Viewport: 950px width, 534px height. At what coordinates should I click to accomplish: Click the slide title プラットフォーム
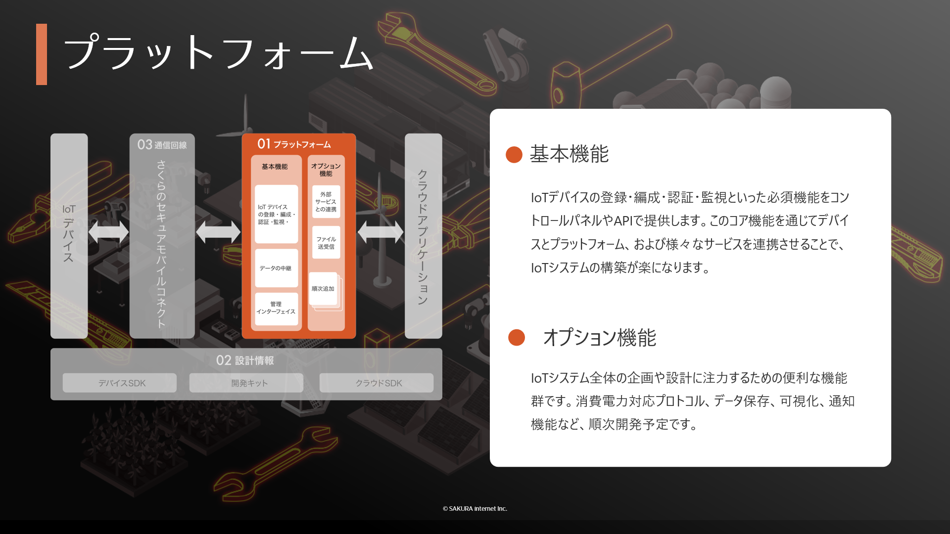218,52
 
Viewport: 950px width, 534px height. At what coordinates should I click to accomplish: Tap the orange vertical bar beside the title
42,54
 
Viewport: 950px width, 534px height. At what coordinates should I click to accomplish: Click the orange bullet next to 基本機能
514,154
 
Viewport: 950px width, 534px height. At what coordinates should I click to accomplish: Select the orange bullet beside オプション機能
517,337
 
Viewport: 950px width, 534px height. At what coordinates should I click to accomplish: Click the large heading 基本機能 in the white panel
569,154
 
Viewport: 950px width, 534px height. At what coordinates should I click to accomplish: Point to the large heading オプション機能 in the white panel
600,338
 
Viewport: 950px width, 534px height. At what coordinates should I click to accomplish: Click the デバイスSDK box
120,383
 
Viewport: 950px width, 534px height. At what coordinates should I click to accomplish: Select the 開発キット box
246,383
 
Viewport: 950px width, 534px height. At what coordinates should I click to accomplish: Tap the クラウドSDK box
377,383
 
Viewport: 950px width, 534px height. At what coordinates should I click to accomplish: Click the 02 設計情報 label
245,360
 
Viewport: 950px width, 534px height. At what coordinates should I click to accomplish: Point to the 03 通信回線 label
162,144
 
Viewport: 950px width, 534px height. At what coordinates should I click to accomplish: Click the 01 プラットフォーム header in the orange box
294,144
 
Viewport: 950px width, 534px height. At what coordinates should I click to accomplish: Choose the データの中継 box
277,268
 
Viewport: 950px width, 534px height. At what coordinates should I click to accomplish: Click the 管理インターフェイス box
277,309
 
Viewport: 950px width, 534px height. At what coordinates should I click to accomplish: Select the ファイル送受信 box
326,242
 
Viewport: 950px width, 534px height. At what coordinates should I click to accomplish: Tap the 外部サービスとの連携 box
326,202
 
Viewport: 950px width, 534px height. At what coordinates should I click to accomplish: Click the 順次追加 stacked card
324,289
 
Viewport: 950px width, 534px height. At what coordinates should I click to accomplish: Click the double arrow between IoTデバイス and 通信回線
108,232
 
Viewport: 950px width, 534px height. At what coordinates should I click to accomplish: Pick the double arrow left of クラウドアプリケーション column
380,232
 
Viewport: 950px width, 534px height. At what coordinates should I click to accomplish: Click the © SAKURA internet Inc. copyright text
475,508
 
